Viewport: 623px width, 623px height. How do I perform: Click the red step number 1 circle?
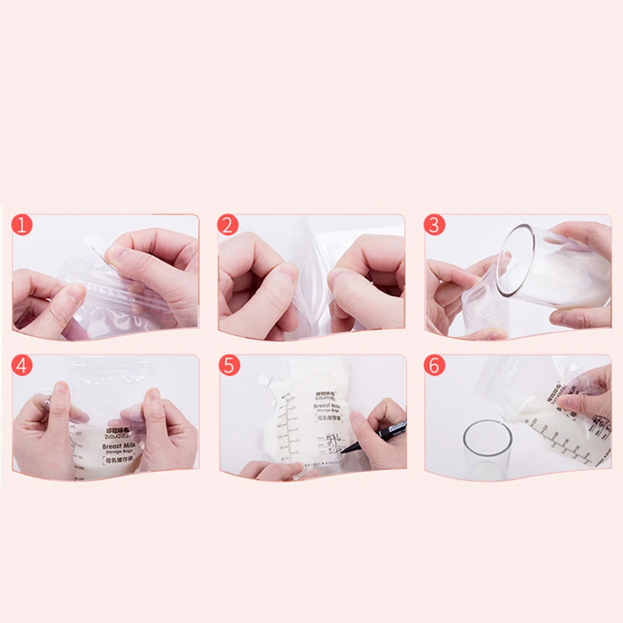[x=22, y=225]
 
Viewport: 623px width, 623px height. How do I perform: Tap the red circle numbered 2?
[x=228, y=225]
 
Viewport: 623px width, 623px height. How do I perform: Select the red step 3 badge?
[x=434, y=225]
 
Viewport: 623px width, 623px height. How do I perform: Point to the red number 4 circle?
[x=22, y=365]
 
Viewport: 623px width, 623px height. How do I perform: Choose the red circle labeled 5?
[x=229, y=365]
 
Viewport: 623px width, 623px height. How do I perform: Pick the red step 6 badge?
[x=434, y=365]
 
